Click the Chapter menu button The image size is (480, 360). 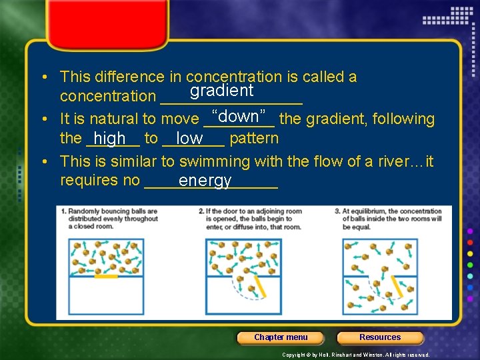point(281,337)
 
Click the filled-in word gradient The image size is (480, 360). point(221,91)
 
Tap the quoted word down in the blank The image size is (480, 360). point(238,116)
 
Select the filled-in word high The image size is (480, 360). point(110,139)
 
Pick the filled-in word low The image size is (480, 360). point(190,139)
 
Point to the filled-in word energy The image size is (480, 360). point(205,181)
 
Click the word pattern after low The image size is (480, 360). point(254,139)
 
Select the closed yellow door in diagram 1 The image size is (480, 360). point(106,275)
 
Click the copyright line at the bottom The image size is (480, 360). point(355,355)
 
